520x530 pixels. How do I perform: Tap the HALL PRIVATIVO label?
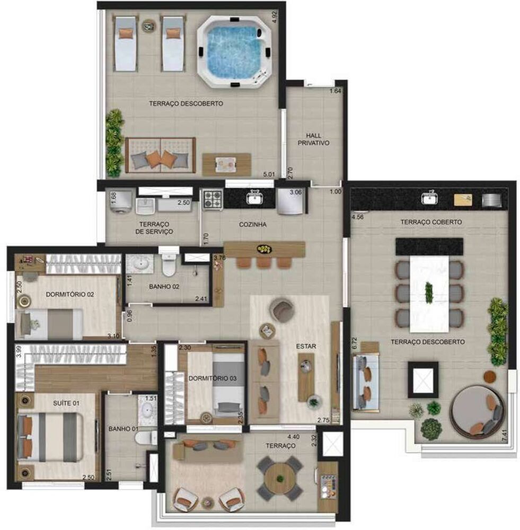point(313,139)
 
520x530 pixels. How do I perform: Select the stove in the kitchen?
point(213,199)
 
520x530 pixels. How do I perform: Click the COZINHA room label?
point(252,225)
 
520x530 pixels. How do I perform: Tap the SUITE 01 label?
point(66,403)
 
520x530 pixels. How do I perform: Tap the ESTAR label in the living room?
point(306,347)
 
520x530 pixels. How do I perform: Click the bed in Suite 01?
point(50,437)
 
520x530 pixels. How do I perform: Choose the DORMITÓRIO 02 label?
point(69,294)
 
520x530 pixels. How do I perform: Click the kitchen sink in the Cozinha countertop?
point(254,198)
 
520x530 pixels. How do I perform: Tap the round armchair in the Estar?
point(282,311)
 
